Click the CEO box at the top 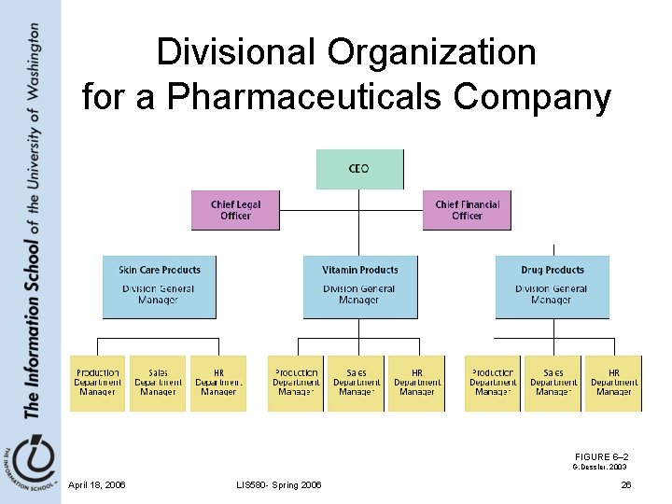[359, 169]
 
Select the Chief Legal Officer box [235, 210]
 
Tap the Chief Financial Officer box [467, 210]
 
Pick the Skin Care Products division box [159, 287]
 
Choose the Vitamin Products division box [359, 287]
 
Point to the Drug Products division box [552, 287]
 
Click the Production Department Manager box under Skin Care [98, 383]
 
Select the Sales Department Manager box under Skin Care [158, 383]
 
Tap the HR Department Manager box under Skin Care [218, 383]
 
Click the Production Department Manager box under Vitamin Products [296, 383]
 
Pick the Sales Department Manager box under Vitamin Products [357, 383]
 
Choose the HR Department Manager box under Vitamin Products [416, 383]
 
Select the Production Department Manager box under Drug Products [493, 383]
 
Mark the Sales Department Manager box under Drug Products [553, 383]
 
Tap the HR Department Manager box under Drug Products [613, 383]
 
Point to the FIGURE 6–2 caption [601, 455]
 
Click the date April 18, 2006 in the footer [97, 484]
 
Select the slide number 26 [626, 484]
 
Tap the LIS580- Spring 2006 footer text [280, 484]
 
